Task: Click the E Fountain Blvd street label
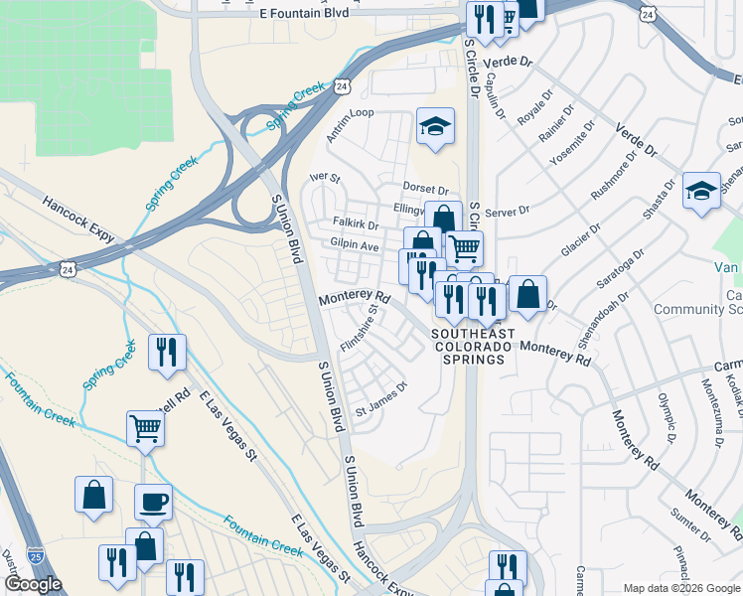coord(305,13)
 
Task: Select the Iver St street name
coord(325,179)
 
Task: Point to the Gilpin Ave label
coord(356,245)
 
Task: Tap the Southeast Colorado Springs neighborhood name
coord(473,347)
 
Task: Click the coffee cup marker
coord(152,502)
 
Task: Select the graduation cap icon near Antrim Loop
coord(435,126)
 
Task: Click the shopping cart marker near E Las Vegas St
coord(145,429)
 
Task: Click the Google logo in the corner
coord(33,584)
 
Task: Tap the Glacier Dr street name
coord(580,240)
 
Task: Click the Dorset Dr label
coord(426,189)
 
